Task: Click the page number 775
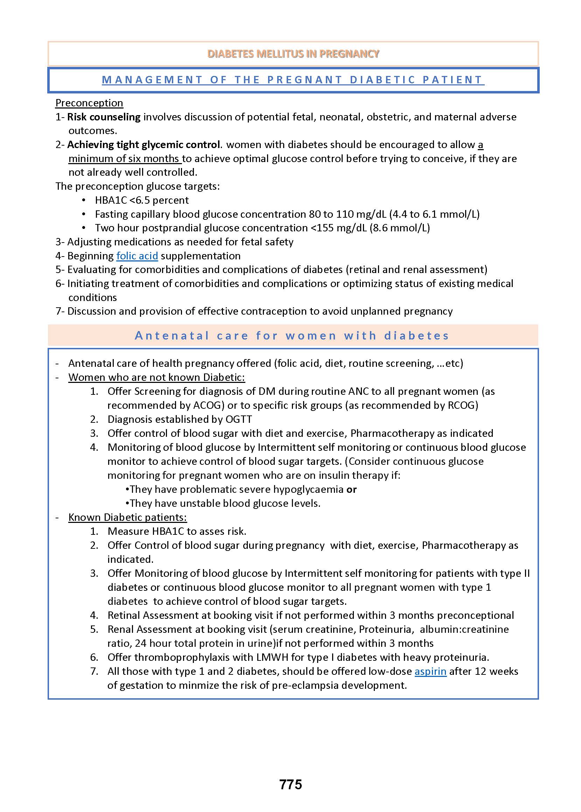point(290,784)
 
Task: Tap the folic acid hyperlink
point(137,256)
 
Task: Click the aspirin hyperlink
point(430,671)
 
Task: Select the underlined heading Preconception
point(89,103)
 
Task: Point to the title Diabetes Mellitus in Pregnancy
point(293,54)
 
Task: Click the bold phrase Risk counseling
point(104,117)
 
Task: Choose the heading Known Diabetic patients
point(127,517)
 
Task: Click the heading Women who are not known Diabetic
point(156,377)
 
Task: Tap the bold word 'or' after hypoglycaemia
point(351,489)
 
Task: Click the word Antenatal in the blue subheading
point(171,336)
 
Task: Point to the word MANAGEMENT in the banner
point(152,80)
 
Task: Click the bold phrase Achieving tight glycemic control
point(143,145)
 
